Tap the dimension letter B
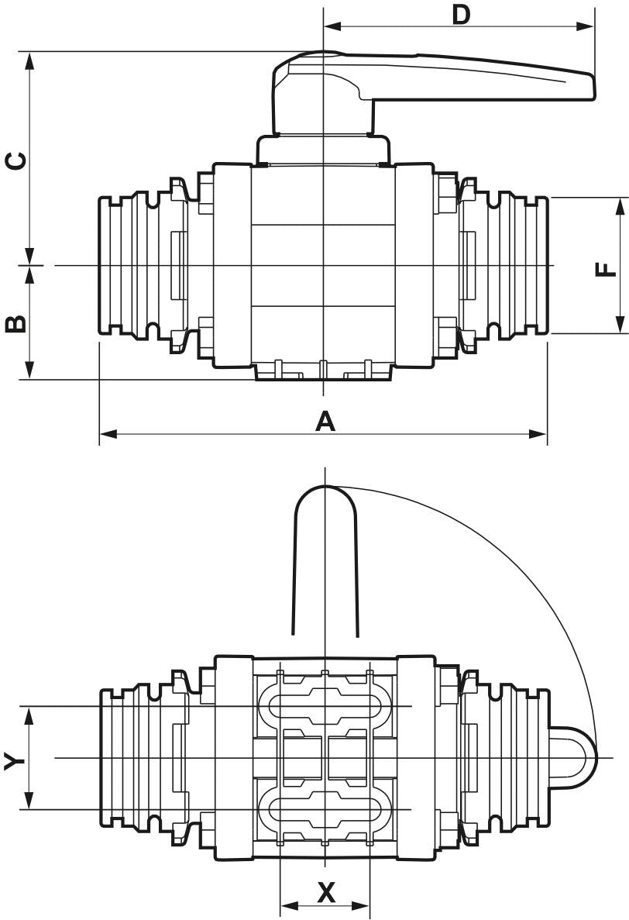point(16,323)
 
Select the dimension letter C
point(16,160)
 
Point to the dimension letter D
point(462,15)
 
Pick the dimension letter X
point(327,894)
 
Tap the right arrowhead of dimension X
point(363,904)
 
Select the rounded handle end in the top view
point(325,496)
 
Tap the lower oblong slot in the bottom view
point(325,810)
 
